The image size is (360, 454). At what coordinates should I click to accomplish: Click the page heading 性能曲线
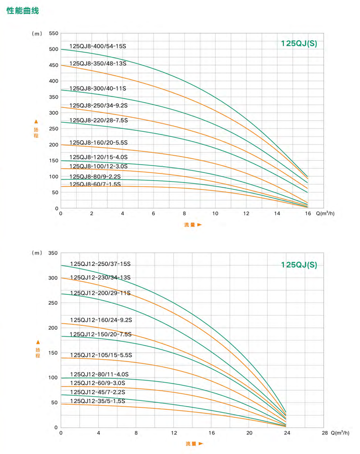[x=23, y=11]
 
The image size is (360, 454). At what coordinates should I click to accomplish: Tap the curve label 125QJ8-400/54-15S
[x=98, y=46]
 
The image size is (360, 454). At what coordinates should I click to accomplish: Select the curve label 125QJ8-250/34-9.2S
[x=98, y=105]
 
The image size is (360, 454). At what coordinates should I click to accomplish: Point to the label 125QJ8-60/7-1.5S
[x=95, y=184]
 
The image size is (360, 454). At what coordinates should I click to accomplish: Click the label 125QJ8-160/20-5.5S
[x=98, y=142]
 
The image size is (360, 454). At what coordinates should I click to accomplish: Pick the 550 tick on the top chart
[x=54, y=33]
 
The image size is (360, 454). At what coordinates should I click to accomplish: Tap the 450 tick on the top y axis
[x=54, y=65]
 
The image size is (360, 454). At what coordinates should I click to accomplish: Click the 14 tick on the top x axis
[x=277, y=213]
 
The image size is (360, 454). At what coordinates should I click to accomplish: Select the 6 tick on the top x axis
[x=153, y=213]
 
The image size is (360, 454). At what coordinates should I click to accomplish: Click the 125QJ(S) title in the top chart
[x=299, y=44]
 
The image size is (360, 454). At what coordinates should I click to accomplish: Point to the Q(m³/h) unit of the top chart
[x=325, y=213]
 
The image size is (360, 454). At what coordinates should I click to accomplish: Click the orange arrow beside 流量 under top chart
[x=200, y=225]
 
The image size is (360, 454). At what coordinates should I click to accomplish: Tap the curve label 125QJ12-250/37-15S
[x=100, y=264]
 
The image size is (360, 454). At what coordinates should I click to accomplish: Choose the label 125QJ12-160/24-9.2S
[x=101, y=320]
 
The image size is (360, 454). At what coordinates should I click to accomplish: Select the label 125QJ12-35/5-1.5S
[x=98, y=401]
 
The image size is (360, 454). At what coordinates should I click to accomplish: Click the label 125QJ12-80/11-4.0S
[x=99, y=374]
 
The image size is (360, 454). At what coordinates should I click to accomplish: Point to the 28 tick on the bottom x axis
[x=325, y=433]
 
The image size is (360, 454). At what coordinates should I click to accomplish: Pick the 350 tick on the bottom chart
[x=53, y=253]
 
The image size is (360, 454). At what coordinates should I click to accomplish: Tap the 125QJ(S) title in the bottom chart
[x=299, y=265]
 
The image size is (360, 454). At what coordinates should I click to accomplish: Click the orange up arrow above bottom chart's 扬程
[x=38, y=342]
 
